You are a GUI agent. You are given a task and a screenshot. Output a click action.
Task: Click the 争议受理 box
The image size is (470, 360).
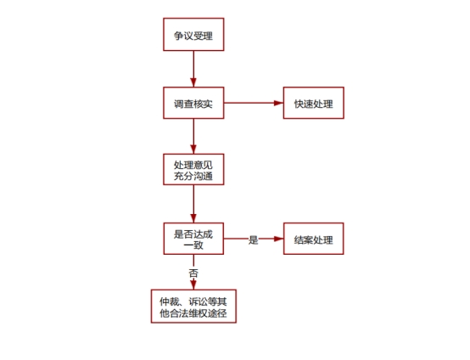point(193,34)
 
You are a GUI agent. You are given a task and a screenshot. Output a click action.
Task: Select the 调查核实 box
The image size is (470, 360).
point(193,103)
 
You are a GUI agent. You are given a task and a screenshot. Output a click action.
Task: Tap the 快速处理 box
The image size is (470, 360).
point(314,103)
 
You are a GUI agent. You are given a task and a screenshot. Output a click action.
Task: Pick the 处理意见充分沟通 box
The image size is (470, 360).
point(193,170)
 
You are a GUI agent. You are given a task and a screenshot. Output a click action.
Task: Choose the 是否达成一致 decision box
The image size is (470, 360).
point(193,239)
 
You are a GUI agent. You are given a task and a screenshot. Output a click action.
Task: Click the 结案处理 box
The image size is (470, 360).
point(314,239)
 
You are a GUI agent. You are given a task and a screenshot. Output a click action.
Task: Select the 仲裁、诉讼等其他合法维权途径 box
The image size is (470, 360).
point(193,307)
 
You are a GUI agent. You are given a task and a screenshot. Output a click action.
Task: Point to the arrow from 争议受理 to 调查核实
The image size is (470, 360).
point(193,69)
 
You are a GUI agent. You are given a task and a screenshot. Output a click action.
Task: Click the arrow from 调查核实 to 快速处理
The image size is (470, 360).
point(254,103)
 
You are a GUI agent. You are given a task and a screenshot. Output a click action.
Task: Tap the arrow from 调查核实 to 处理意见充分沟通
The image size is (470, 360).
point(193,137)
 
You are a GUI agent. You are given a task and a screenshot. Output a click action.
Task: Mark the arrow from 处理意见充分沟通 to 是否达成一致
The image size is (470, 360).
point(193,204)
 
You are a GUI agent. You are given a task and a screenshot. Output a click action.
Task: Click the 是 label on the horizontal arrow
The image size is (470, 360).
point(254,239)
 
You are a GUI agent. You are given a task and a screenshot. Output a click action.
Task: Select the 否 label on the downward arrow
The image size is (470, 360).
point(193,273)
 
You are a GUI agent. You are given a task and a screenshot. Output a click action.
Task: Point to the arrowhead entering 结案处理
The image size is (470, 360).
point(279,239)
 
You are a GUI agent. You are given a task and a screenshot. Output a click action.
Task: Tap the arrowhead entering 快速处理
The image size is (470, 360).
point(278,103)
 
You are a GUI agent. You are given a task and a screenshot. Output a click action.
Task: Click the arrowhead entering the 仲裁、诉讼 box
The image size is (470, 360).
point(193,284)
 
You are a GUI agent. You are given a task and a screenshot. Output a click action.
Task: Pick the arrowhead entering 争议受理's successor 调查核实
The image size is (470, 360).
point(193,82)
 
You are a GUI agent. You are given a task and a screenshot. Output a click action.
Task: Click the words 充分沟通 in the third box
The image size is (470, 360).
point(193,176)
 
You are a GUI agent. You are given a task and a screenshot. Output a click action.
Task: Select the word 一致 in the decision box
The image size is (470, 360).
point(193,245)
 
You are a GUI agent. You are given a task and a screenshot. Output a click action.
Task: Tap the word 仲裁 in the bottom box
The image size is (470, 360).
point(170,301)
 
